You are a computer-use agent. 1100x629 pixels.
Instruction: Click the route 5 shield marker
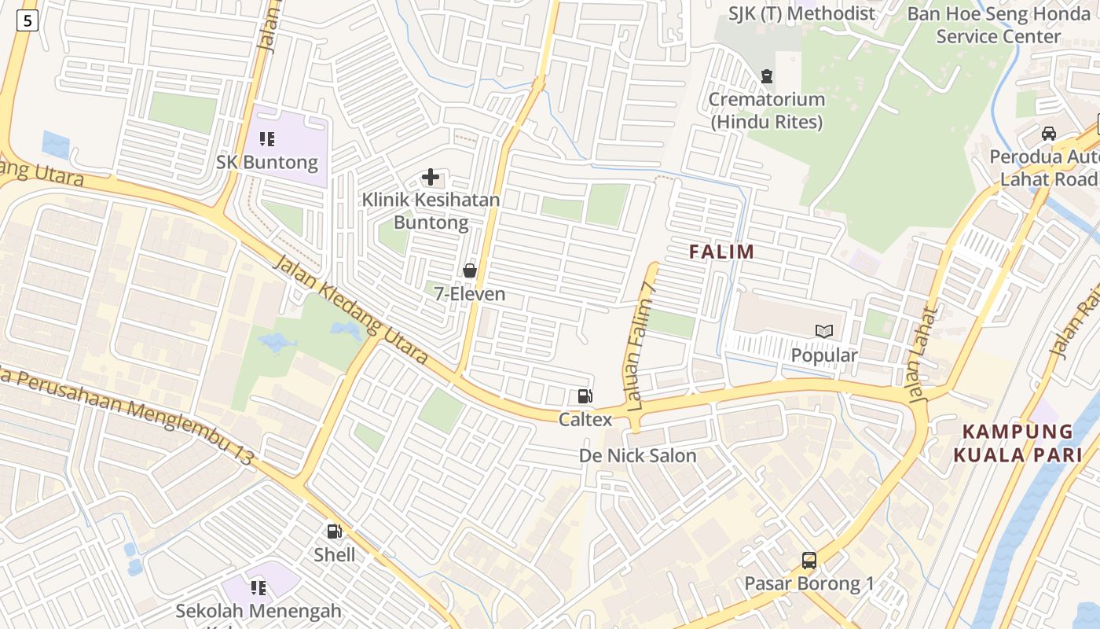coord(27,21)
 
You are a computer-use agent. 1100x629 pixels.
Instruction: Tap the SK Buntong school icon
coord(267,139)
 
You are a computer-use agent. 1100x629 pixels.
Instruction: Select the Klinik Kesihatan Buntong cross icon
coord(431,177)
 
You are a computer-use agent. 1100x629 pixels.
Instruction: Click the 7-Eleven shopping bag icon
coord(470,270)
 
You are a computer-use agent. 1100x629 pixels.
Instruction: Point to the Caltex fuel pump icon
coord(585,396)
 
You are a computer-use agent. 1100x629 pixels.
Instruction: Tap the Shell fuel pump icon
coord(335,532)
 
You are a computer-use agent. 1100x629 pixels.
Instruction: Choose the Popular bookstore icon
coord(823,332)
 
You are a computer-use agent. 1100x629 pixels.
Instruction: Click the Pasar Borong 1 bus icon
coord(808,561)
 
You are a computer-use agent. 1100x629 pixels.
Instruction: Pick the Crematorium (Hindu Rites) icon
coord(766,76)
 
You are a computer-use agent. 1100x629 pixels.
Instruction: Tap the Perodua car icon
coord(1049,133)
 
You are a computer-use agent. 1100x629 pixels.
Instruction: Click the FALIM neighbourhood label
coord(721,252)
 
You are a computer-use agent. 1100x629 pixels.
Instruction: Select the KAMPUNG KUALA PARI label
coord(1017,443)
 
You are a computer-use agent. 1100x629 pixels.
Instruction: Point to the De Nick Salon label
coord(637,455)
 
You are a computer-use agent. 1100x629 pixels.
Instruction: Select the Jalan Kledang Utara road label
coord(350,310)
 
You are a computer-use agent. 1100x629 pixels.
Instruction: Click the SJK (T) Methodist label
coord(801,13)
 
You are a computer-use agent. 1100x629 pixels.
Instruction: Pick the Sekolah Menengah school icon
coord(258,587)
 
